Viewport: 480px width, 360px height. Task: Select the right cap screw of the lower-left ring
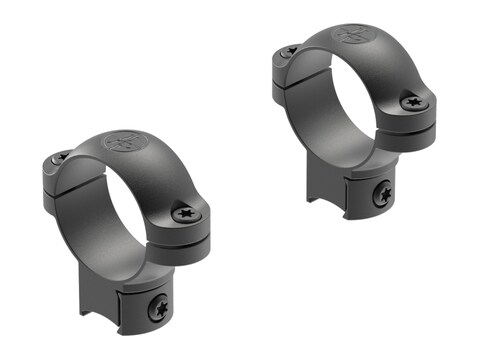(x=185, y=212)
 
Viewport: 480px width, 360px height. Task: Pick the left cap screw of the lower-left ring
(x=61, y=157)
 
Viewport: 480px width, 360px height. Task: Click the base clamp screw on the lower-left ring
(x=158, y=308)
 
